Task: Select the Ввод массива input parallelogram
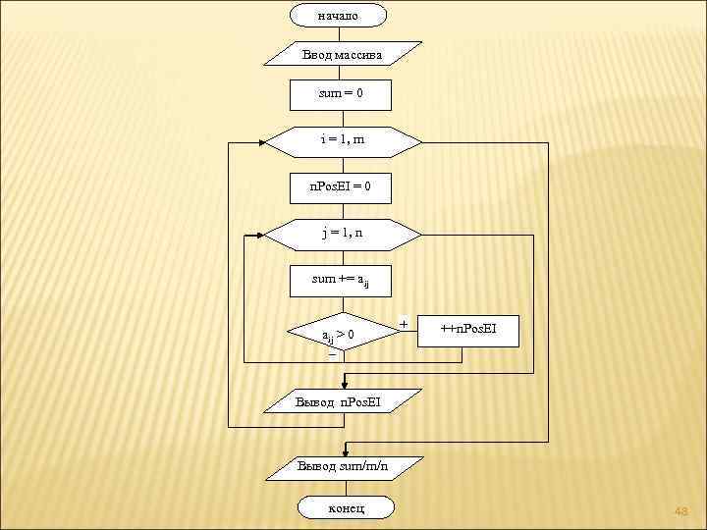342,53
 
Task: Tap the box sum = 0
341,94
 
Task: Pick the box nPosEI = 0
341,185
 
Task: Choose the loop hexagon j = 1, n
341,235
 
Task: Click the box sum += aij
341,281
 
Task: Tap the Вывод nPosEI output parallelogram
341,401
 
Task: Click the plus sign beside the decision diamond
404,323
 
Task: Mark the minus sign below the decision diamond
332,356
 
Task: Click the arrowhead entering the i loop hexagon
264,141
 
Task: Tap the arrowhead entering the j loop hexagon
263,235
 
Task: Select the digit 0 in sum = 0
359,94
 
